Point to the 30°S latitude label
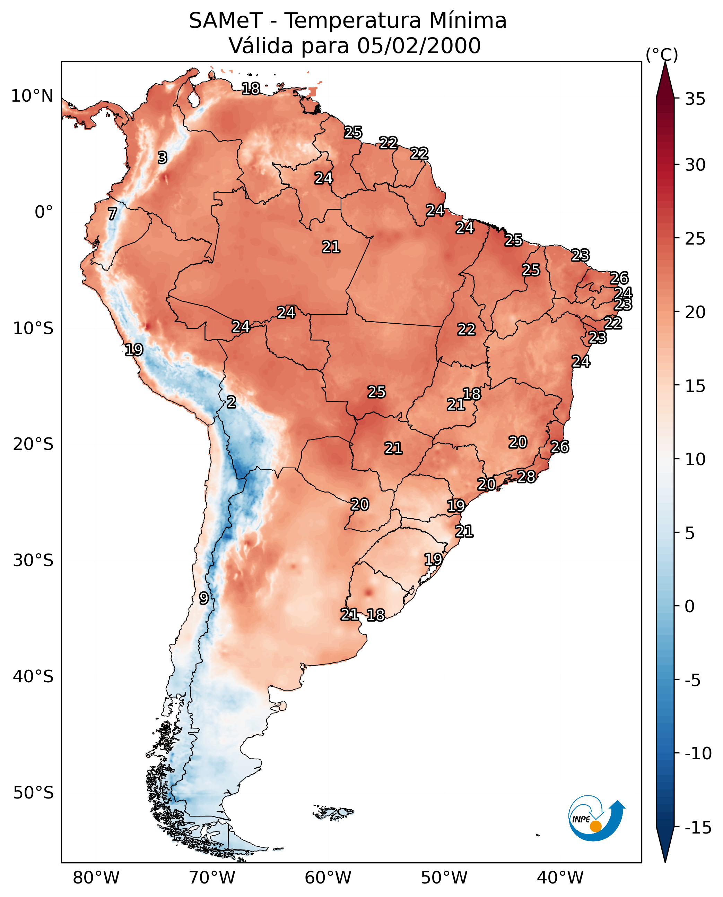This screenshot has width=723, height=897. [33, 560]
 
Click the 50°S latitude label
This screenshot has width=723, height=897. [33, 792]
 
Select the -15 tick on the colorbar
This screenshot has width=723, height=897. [698, 827]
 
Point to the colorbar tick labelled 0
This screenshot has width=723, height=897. [690, 606]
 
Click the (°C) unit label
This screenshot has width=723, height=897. [662, 54]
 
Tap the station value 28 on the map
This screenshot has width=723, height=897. [526, 477]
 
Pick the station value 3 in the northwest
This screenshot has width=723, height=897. [163, 157]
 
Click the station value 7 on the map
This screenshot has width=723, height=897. [112, 214]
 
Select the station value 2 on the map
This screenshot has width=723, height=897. [231, 402]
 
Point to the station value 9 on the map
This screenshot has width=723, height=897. [203, 598]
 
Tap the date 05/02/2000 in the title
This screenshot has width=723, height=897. [419, 45]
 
